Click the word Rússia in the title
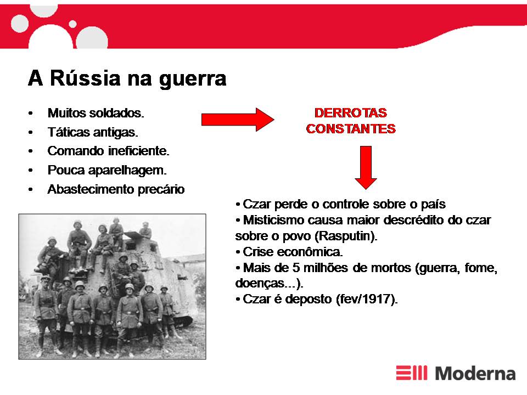[85, 78]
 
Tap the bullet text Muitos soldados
[96, 113]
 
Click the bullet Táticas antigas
[93, 132]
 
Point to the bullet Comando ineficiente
[108, 151]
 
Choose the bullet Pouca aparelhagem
[107, 170]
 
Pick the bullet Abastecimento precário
[116, 189]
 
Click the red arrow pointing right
[238, 120]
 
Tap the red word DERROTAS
[351, 113]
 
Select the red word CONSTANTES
[351, 128]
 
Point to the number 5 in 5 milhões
[296, 268]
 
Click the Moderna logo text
[475, 373]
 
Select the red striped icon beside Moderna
[411, 373]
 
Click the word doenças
[260, 284]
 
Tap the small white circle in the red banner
[72, 24]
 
